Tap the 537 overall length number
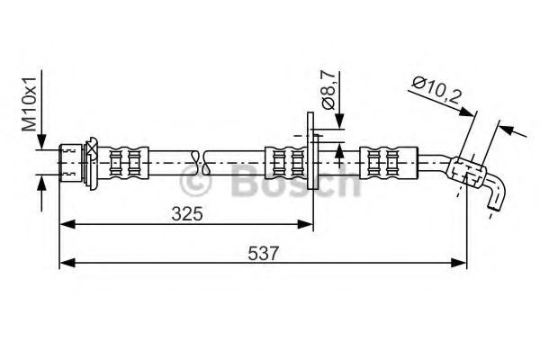[x=261, y=253]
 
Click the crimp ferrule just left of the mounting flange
[x=288, y=163]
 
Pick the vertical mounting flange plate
[x=312, y=150]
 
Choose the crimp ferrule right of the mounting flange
[x=387, y=163]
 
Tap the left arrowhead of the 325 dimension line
[x=66, y=221]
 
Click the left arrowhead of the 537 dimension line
[x=66, y=263]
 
